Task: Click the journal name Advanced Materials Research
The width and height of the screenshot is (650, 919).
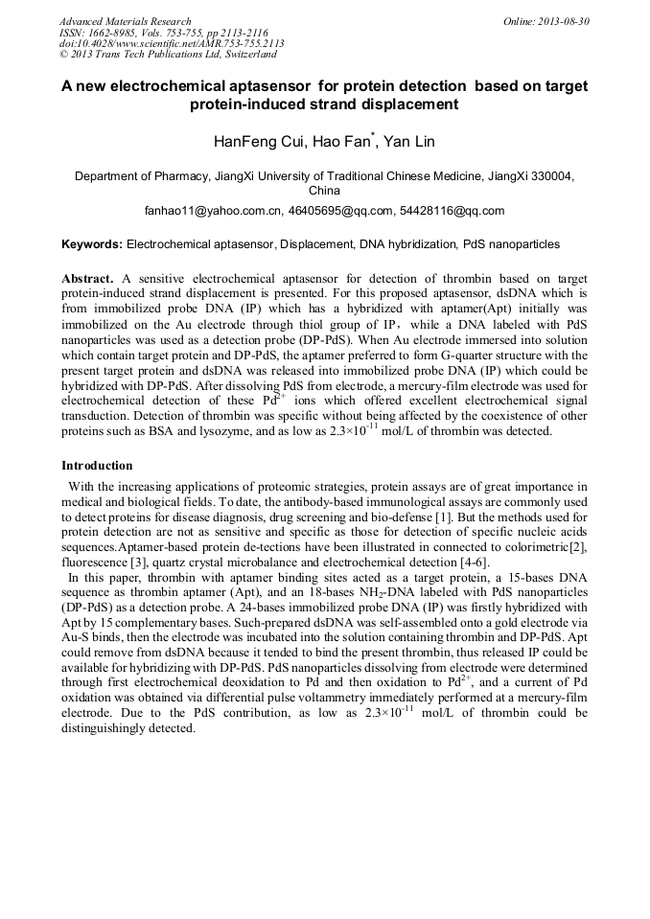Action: (125, 21)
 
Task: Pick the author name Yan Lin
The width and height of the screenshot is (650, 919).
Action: (410, 142)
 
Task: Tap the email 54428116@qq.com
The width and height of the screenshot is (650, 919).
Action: (452, 210)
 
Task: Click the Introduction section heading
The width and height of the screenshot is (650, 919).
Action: (97, 465)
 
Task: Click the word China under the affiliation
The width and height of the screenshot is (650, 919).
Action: (324, 191)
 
